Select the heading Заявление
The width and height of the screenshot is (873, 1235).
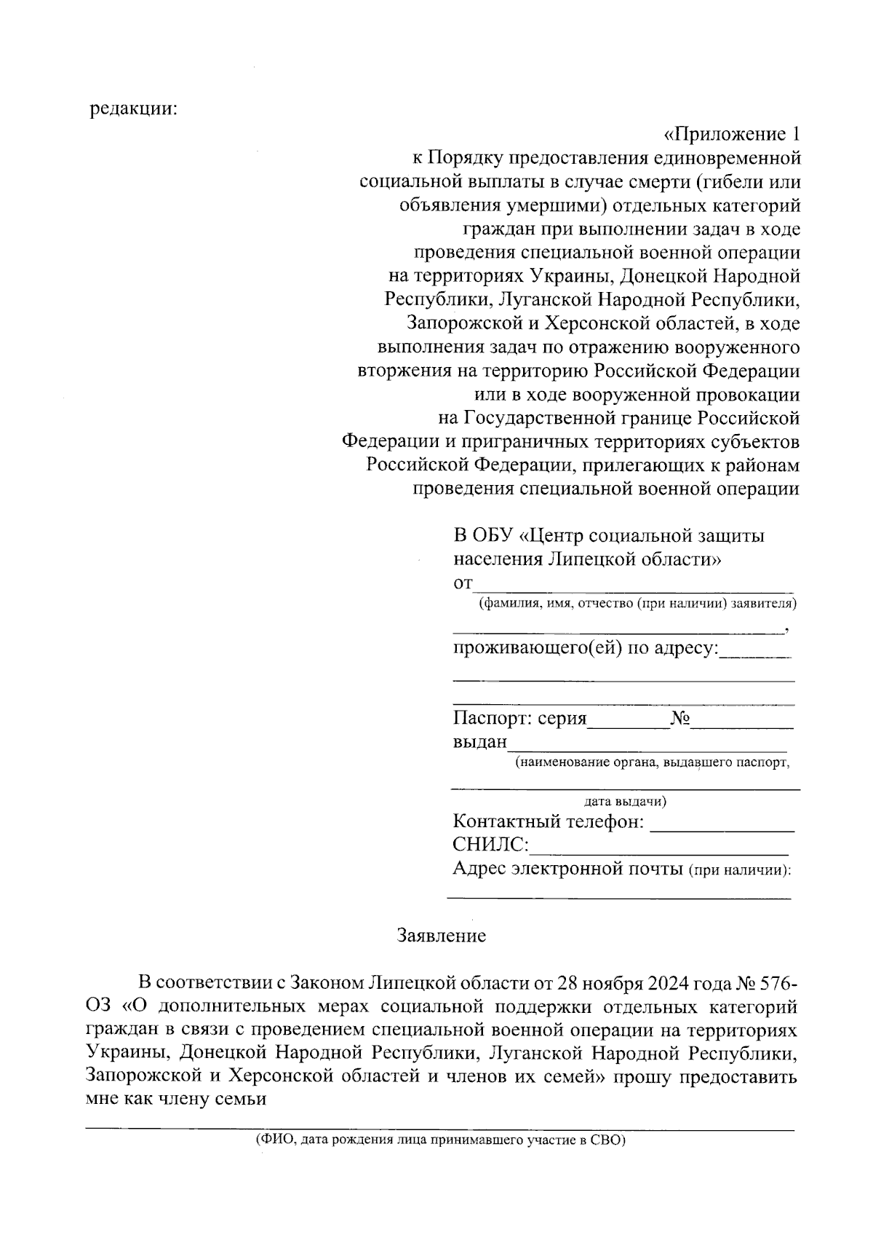coord(442,936)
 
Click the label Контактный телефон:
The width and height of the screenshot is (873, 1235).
coord(548,822)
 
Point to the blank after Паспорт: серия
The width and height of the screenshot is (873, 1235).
coord(628,721)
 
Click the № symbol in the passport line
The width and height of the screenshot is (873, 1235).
coord(679,719)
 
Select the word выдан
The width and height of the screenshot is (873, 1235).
coord(479,742)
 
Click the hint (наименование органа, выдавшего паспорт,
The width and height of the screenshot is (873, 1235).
coord(652,762)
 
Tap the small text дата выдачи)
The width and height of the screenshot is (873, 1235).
coord(625,802)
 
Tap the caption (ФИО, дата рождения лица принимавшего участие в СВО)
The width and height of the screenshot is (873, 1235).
coord(440,1141)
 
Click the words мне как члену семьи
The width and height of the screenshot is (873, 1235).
coord(173,1100)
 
